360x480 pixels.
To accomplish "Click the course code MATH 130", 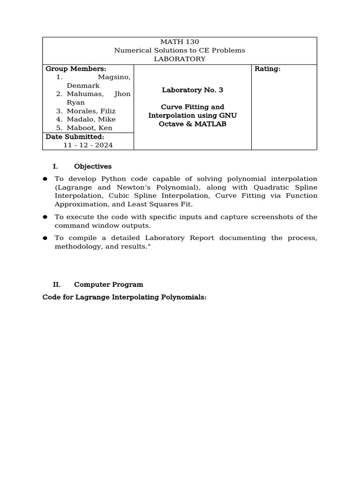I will [180, 42].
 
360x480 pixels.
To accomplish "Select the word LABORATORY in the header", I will [180, 59].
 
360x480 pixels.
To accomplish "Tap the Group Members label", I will [69, 69].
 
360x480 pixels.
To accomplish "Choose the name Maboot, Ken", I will [89, 128].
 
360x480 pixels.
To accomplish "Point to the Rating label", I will [267, 69].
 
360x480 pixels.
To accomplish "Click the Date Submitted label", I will [75, 136].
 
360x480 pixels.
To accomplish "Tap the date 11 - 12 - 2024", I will [88, 145].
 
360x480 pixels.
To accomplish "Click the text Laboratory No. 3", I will [193, 90].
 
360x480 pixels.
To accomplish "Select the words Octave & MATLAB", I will [193, 123].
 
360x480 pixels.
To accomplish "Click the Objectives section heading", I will [93, 166].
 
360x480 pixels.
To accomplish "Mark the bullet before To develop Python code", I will [45, 179].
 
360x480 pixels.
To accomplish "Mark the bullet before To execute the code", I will [45, 217].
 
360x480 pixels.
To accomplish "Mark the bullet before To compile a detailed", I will [45, 238].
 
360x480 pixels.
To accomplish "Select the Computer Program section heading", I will [108, 285].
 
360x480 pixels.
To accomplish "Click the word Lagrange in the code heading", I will [90, 297].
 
